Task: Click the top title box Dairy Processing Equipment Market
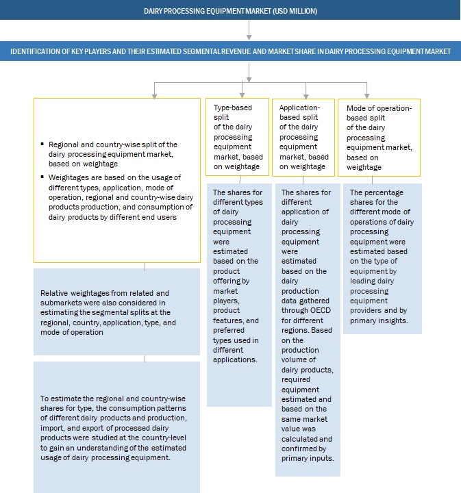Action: [x=230, y=11]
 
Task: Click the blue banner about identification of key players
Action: [x=230, y=51]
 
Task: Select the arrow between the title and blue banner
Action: [x=249, y=31]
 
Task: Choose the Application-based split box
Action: [x=302, y=136]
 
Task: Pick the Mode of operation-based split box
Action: [x=369, y=136]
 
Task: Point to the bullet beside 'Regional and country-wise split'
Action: [x=42, y=145]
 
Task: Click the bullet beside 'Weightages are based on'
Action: [x=42, y=176]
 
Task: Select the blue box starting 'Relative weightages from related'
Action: [x=116, y=312]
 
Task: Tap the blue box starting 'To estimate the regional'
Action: [x=116, y=427]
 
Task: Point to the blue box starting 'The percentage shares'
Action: [x=382, y=258]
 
